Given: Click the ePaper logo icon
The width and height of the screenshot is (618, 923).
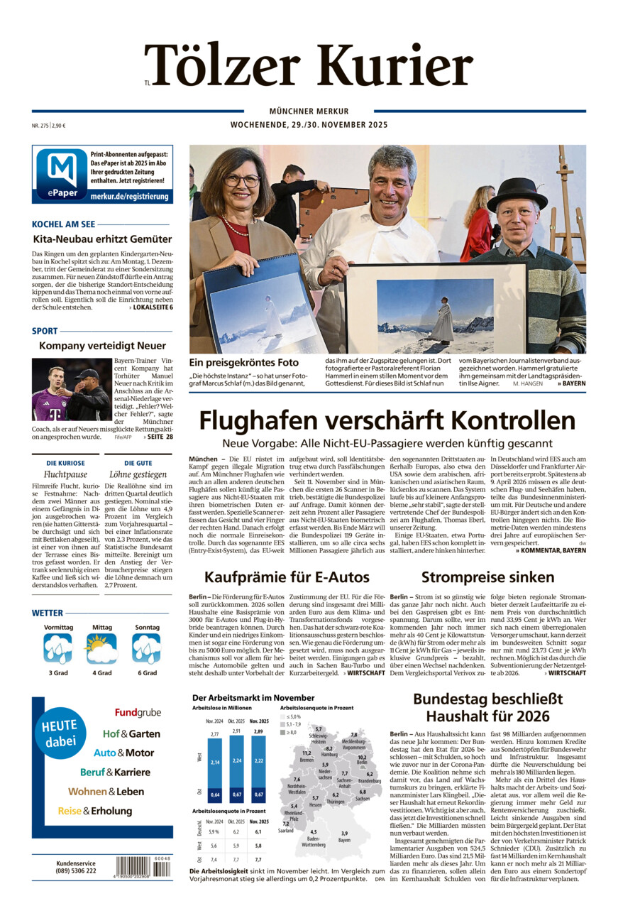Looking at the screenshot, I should click(61, 174).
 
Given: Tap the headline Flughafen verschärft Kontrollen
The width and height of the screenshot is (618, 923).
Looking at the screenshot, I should click(387, 420).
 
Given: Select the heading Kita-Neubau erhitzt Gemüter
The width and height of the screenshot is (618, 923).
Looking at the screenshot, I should click(102, 239).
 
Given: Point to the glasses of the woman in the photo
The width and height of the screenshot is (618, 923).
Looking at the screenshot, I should click(242, 180).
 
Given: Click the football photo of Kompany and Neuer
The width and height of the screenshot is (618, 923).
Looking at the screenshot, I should click(71, 389).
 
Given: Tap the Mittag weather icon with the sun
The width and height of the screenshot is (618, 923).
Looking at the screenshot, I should click(101, 648).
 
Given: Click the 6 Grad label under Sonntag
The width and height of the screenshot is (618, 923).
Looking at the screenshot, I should click(146, 672).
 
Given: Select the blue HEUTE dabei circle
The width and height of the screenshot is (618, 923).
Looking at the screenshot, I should click(62, 733).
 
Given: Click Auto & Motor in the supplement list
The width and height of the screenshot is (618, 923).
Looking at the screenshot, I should click(123, 753).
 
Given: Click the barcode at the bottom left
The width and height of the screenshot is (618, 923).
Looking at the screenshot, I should click(143, 867).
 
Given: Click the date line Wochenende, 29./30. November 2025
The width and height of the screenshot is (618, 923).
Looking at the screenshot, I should click(309, 125).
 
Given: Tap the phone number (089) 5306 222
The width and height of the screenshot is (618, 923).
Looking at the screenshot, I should click(76, 871).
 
